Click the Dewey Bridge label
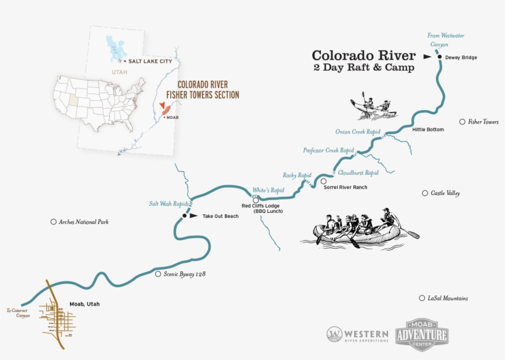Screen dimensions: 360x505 [461, 57]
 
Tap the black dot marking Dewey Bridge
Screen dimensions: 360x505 [440, 57]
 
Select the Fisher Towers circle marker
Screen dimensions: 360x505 [463, 122]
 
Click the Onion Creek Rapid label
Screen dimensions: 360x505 [358, 132]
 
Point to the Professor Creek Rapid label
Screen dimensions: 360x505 [328, 150]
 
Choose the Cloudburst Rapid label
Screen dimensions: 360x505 [358, 173]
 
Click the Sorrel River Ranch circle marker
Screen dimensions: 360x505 [323, 181]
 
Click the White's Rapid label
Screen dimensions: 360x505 [268, 190]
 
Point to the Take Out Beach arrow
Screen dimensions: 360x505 [194, 216]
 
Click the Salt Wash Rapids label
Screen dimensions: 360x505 [168, 204]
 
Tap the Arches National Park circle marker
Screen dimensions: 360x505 [54, 222]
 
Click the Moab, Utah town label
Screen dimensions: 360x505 [84, 304]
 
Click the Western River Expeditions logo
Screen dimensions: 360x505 [357, 335]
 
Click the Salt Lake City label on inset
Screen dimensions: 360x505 [148, 62]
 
